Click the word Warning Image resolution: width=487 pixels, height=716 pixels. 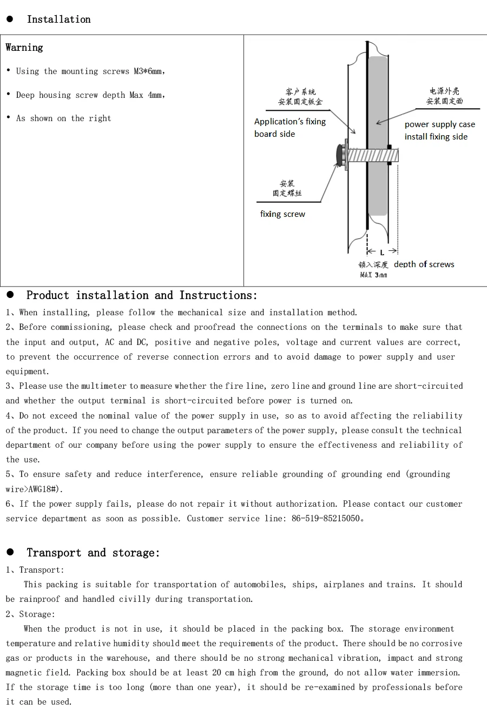coord(24,48)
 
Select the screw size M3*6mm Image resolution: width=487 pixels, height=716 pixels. coord(148,71)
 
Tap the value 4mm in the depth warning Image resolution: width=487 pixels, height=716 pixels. coord(155,95)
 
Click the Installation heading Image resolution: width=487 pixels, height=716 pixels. coord(59,19)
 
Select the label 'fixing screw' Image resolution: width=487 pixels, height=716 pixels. coord(282,214)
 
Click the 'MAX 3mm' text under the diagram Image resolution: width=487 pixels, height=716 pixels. coord(373,275)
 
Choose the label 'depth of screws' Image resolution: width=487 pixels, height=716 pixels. coord(424,264)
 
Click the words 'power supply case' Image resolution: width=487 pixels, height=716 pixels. coord(440,124)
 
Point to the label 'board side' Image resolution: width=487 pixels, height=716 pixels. coord(275,134)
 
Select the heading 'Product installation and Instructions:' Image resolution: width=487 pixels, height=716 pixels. coord(142,295)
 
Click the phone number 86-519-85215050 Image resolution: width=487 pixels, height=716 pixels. coord(326,518)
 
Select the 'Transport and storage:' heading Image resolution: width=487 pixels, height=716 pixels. coord(93,553)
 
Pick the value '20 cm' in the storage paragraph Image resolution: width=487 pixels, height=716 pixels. coord(223,672)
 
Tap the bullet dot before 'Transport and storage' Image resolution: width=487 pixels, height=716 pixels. coord(10,552)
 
